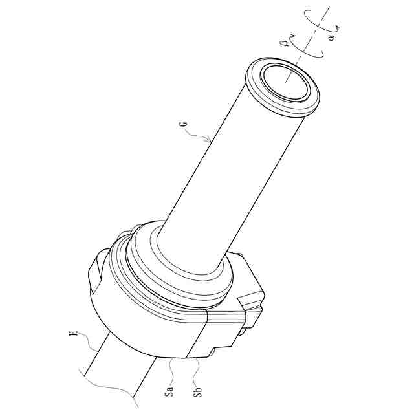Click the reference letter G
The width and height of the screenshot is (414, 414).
[185, 124]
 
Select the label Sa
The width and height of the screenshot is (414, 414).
[170, 391]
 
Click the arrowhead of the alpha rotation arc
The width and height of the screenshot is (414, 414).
[336, 27]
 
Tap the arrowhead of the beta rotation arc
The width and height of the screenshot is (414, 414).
[292, 35]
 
